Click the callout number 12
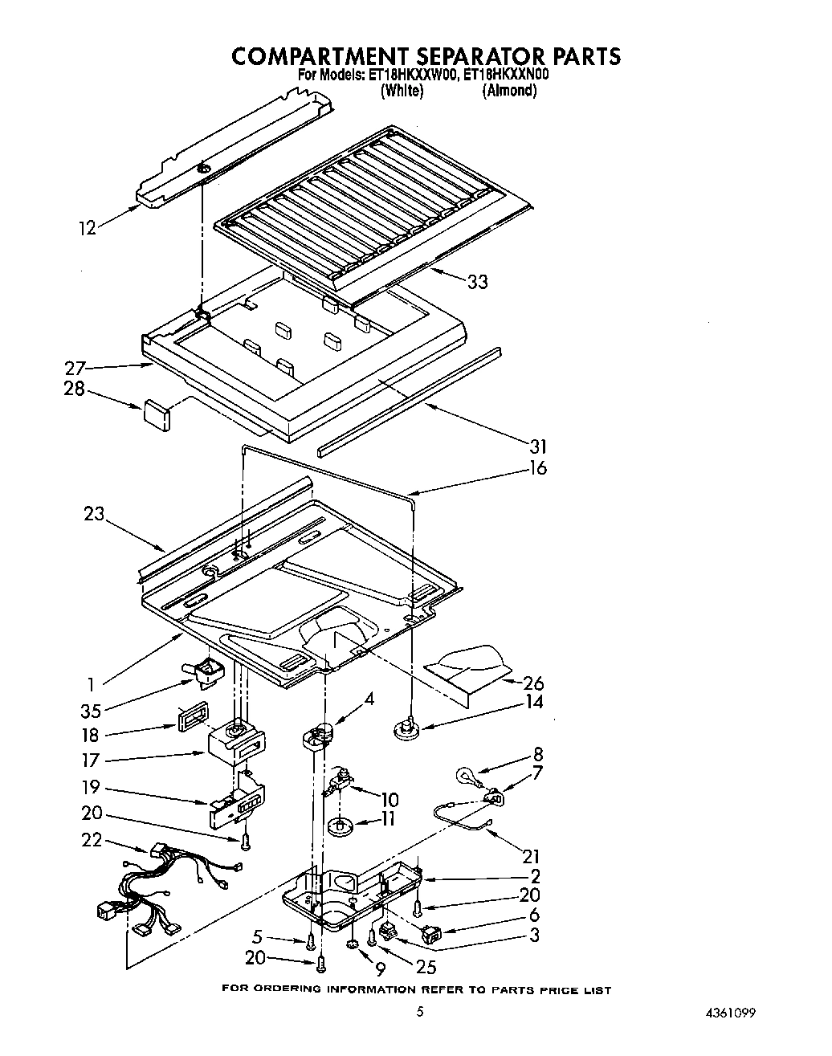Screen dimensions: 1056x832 click(x=87, y=228)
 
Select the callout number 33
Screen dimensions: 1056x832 click(x=477, y=282)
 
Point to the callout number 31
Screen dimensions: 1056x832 click(x=537, y=446)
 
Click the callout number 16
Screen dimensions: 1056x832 click(x=537, y=468)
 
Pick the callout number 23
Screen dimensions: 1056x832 click(x=94, y=513)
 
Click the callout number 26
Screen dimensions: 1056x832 click(x=533, y=683)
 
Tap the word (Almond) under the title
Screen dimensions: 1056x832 click(x=509, y=91)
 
